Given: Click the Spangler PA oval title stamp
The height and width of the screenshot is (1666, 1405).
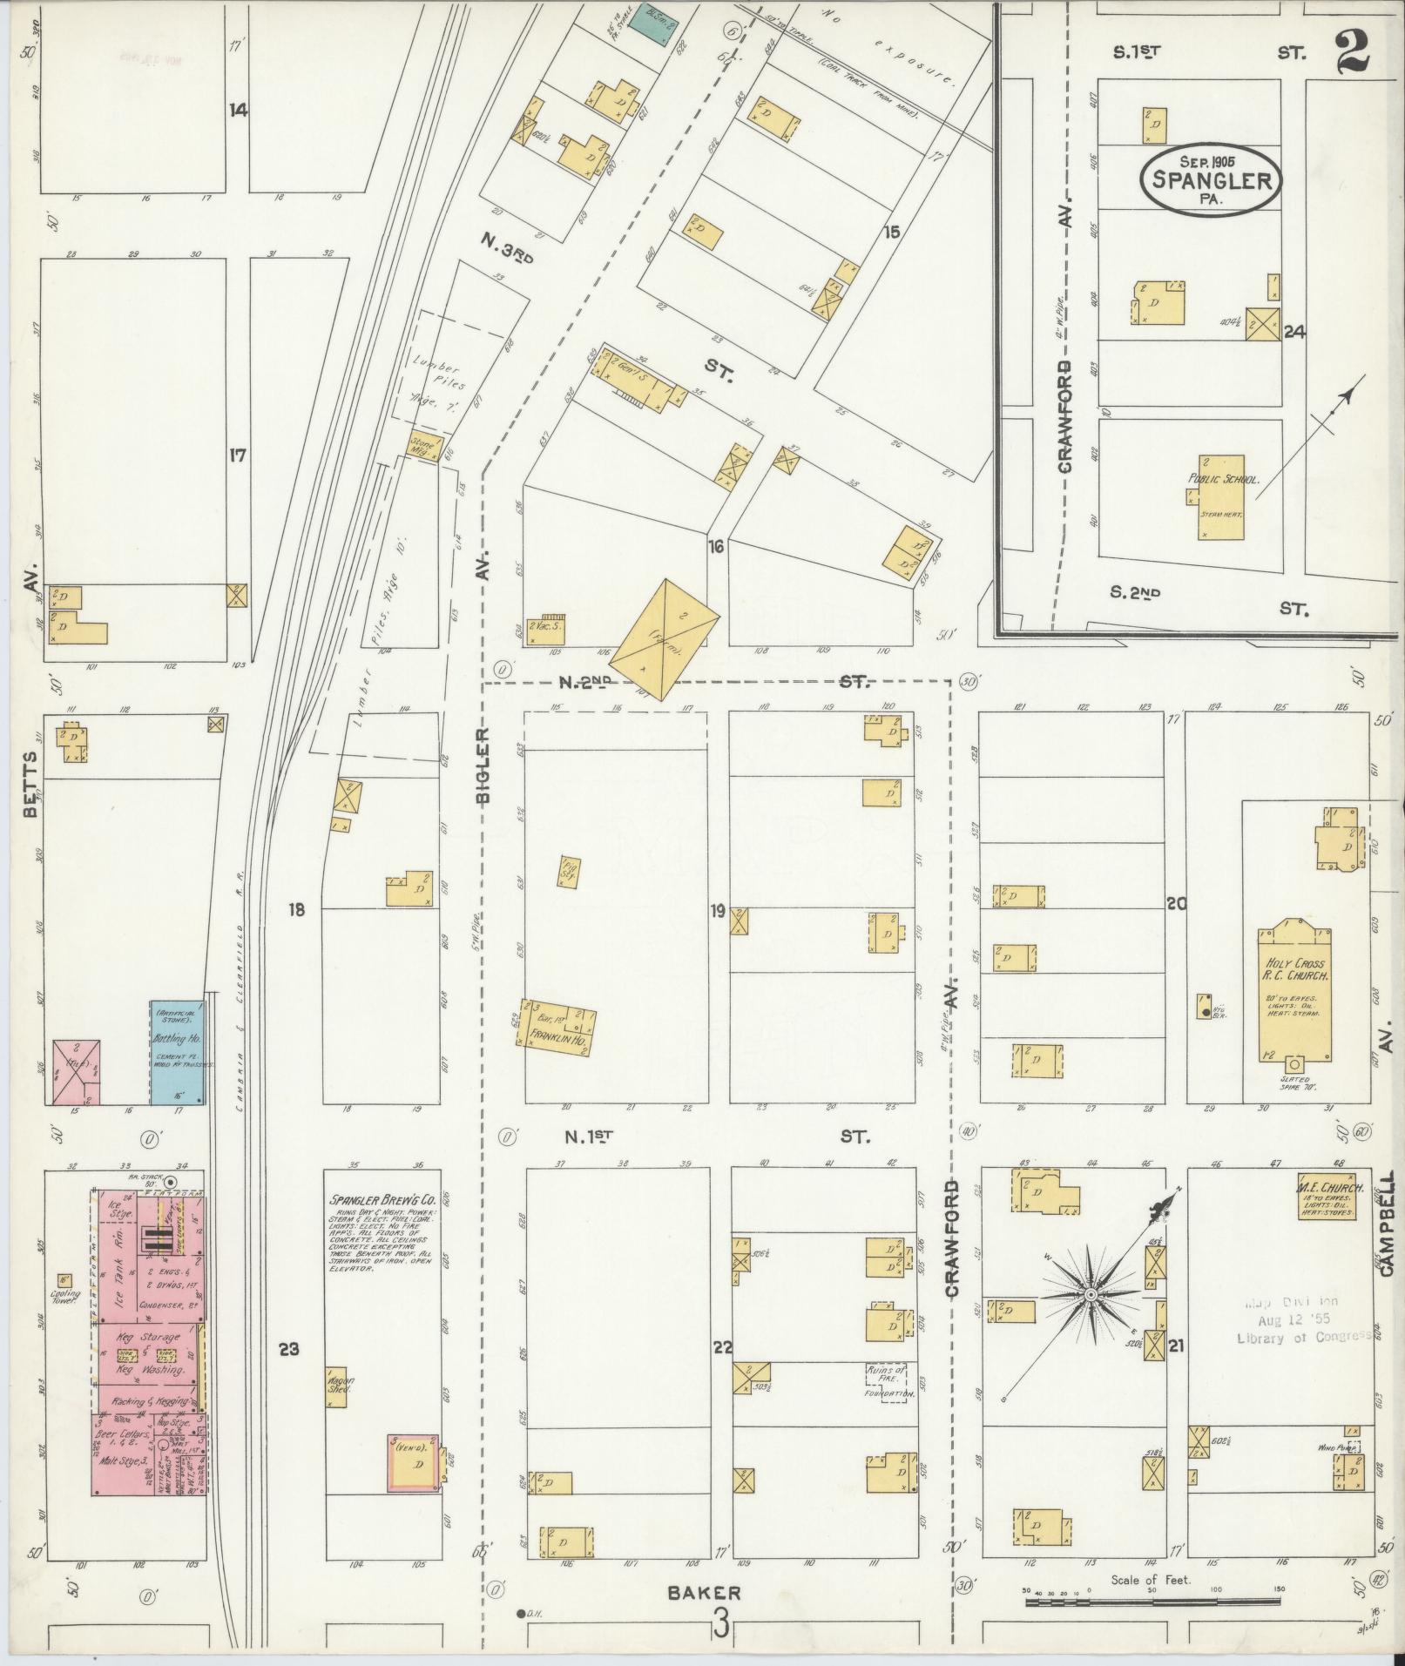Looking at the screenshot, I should (x=1211, y=179).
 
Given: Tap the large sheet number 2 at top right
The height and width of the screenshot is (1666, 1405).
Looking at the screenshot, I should (x=1350, y=51).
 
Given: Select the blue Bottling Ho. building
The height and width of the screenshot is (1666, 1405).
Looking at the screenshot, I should (x=178, y=1053).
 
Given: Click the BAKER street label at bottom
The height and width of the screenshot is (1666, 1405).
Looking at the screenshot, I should (x=704, y=1593).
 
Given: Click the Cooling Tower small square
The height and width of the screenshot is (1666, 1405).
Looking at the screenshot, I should (x=64, y=1280).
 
